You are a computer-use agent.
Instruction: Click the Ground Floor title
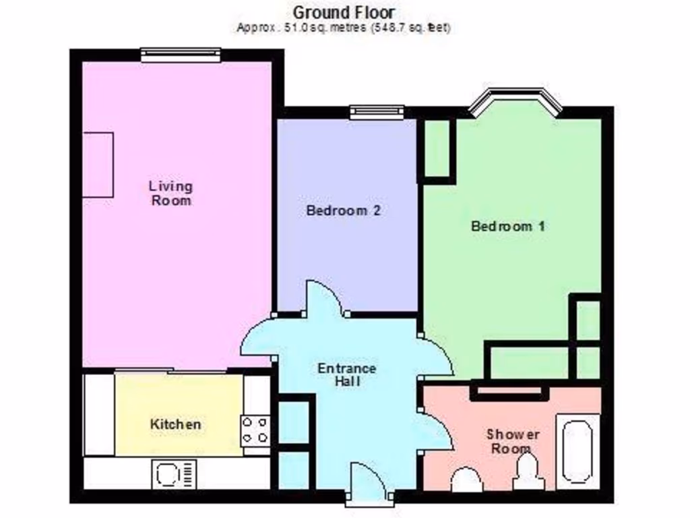pos(344,12)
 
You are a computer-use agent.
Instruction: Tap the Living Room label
pos(170,192)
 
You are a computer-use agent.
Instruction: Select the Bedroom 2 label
pos(344,210)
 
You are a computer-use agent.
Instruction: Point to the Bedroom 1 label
pos(507,226)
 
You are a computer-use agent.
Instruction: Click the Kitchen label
pos(175,424)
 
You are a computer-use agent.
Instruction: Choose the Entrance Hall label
pos(346,374)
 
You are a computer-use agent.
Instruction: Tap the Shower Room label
pos(513,441)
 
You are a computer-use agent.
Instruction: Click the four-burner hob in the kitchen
pos(255,430)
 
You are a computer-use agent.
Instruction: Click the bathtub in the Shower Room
pos(577,452)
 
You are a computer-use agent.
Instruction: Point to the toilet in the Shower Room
pos(466,480)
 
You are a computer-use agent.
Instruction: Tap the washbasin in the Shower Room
pos(528,472)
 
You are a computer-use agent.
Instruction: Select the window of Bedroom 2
pos(377,112)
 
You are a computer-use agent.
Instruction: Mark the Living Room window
pos(181,55)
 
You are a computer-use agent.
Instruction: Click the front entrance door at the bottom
pos(367,484)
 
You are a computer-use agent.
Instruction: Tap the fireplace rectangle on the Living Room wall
pos(98,165)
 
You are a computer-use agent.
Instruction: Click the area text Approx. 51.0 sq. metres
pos(344,28)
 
